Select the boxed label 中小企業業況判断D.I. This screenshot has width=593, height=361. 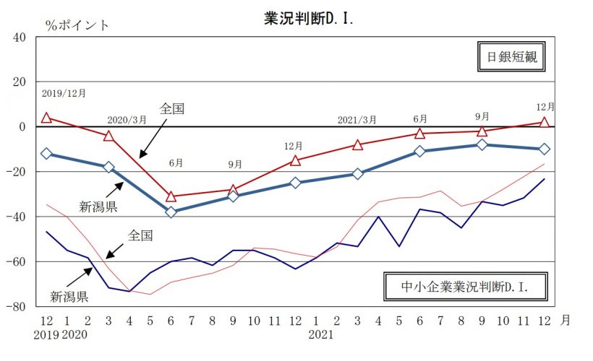click(x=465, y=286)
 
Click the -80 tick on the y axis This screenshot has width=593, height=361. click(x=16, y=306)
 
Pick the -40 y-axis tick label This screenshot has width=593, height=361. click(x=16, y=217)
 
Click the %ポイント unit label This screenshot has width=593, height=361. click(x=77, y=25)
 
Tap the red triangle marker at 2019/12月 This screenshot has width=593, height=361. click(x=46, y=118)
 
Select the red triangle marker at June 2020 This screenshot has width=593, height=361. click(x=171, y=196)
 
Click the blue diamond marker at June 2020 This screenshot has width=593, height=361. click(x=171, y=212)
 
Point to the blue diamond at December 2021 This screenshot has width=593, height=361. click(x=545, y=149)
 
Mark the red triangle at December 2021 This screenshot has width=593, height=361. click(x=545, y=123)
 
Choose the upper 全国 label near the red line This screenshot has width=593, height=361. click(x=172, y=109)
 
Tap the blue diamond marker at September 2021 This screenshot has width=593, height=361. click(x=482, y=144)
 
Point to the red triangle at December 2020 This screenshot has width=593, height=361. click(x=295, y=160)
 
